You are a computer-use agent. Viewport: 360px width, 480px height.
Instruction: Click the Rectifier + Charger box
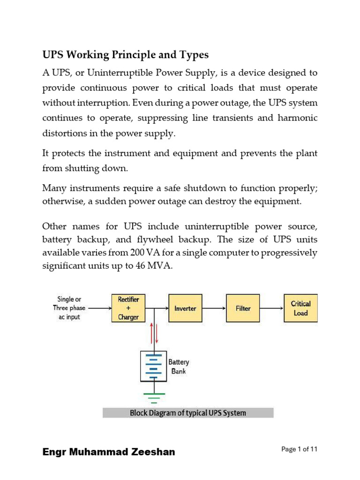coord(128,308)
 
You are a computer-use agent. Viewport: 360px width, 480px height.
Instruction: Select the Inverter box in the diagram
coord(185,308)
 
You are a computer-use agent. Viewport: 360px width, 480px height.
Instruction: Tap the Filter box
coord(243,308)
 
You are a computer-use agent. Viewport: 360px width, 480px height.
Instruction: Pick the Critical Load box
coord(300,308)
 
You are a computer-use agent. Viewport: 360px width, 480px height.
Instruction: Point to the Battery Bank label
coord(178,367)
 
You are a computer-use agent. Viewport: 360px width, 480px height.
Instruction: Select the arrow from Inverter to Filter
coord(214,308)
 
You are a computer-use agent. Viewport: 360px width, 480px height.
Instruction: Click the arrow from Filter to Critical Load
coord(271,308)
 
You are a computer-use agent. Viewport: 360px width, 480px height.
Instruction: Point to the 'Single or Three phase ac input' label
coord(69,308)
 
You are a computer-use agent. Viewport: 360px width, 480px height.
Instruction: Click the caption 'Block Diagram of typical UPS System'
coord(187,413)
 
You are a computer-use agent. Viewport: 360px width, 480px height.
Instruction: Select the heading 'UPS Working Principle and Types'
coord(126,55)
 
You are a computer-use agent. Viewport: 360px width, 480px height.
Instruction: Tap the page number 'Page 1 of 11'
coord(300,449)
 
